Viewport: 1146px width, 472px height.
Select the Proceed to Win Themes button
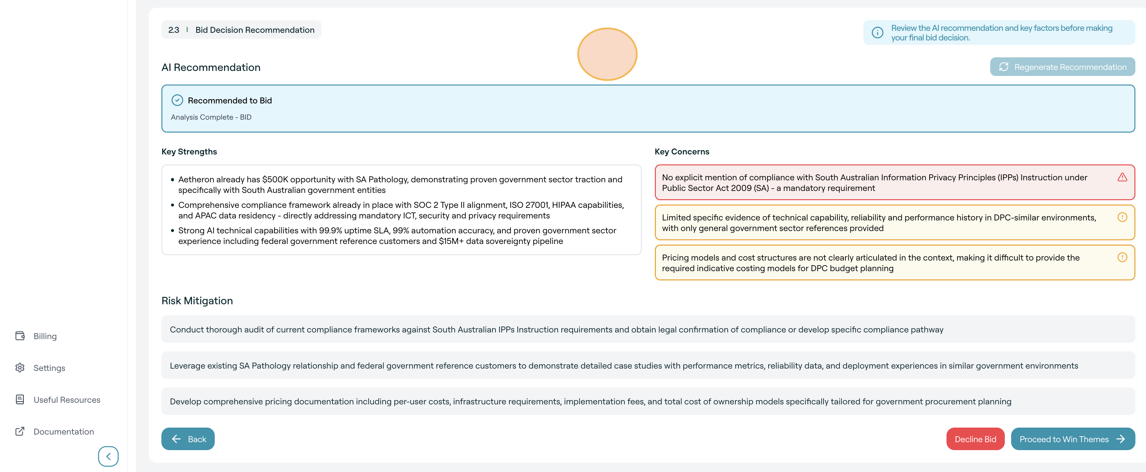click(x=1072, y=439)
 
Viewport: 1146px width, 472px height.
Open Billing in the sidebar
click(x=45, y=336)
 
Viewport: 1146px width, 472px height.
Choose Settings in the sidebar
click(x=49, y=368)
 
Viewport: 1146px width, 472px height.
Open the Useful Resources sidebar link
click(x=67, y=400)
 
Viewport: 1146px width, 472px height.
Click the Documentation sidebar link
click(x=64, y=432)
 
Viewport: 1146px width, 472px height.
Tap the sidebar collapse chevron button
click(x=108, y=456)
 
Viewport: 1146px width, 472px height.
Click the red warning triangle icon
click(x=1122, y=178)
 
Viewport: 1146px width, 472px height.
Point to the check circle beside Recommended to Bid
click(x=177, y=100)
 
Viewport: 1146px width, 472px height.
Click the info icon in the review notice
click(x=877, y=33)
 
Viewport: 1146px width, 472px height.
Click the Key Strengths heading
click(x=189, y=152)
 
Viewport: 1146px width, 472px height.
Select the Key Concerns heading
click(x=682, y=152)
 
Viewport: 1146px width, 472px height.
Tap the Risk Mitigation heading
click(x=197, y=301)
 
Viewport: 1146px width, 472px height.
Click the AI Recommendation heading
click(x=211, y=68)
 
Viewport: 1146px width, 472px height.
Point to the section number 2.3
click(x=174, y=30)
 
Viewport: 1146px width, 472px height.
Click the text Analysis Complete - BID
click(x=211, y=117)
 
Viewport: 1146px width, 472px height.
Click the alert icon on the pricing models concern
click(x=1122, y=258)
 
